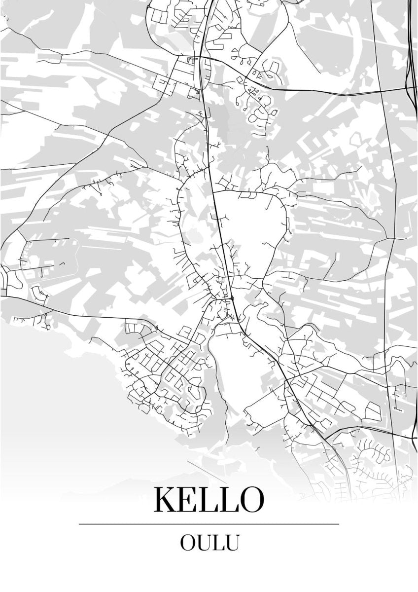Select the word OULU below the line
click(209, 543)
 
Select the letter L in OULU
click(218, 543)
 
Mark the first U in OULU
click(205, 543)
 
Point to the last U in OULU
click(232, 543)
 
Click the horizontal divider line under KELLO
click(209, 523)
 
